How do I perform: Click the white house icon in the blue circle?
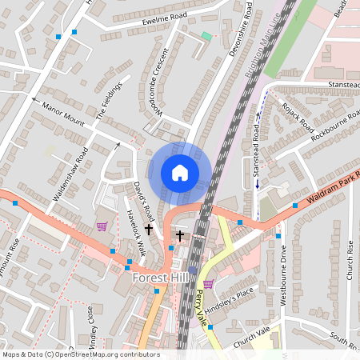(x=180, y=172)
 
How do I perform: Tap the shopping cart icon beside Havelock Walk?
(x=102, y=226)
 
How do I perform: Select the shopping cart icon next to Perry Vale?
(x=208, y=284)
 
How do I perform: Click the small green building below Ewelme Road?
(x=206, y=36)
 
